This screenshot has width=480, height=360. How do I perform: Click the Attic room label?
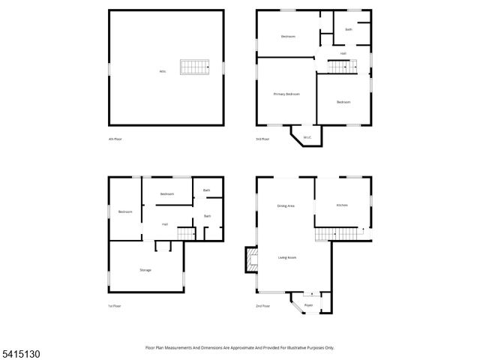[x=162, y=71]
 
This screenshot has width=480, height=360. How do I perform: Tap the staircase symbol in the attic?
[x=193, y=67]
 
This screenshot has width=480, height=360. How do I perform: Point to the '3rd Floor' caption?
[x=262, y=139]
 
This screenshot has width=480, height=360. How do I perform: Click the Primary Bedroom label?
[x=286, y=94]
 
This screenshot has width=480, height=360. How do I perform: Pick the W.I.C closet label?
[x=307, y=137]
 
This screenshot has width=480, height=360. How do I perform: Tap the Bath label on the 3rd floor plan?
[x=348, y=29]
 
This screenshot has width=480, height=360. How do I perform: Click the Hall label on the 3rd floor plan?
[x=343, y=53]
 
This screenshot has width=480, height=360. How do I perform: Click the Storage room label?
[x=145, y=269]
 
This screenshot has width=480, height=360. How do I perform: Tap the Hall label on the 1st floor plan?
[x=164, y=223]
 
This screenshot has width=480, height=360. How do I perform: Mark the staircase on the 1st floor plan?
[x=186, y=234]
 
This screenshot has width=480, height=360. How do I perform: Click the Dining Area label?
[x=285, y=205]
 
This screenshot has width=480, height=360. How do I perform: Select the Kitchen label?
[x=342, y=205]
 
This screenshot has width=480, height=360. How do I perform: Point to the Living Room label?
[x=287, y=257]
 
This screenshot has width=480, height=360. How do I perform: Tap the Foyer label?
[x=308, y=305]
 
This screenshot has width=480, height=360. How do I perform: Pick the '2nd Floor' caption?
[x=262, y=306]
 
